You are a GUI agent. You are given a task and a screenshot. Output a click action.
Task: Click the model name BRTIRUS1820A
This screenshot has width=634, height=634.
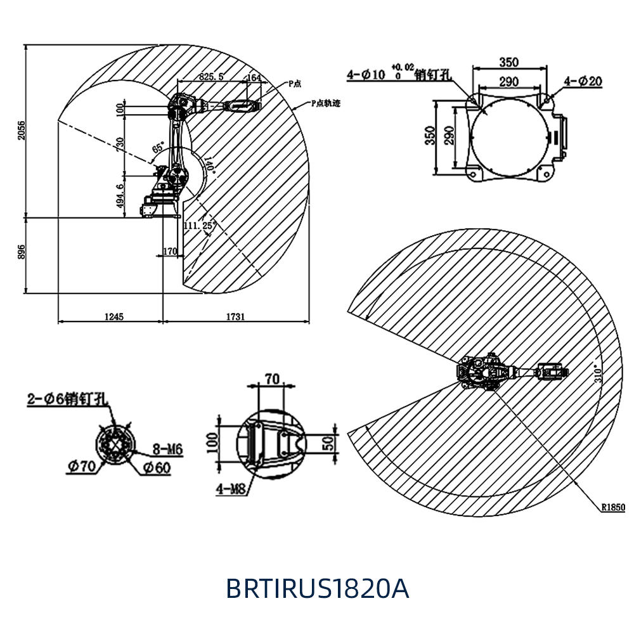pyautogui.click(x=317, y=589)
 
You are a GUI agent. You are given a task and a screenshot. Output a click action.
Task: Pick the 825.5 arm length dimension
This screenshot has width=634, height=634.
pyautogui.click(x=211, y=76)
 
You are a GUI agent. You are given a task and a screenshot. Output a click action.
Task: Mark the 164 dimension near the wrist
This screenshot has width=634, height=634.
pyautogui.click(x=254, y=77)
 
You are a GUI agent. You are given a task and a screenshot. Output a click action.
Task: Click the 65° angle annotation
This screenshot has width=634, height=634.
pyautogui.click(x=158, y=150)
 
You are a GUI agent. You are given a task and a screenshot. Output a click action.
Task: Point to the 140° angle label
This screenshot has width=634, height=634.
pyautogui.click(x=210, y=166)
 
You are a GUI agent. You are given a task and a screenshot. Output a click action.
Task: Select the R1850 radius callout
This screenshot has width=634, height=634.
pyautogui.click(x=613, y=507)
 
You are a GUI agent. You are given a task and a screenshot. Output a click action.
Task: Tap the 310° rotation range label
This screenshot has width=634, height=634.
pyautogui.click(x=596, y=374)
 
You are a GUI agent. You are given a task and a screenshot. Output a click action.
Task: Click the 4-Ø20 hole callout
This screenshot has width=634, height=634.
pyautogui.click(x=583, y=81)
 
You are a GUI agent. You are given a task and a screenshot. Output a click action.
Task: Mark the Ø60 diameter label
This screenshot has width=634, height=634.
pyautogui.click(x=157, y=468)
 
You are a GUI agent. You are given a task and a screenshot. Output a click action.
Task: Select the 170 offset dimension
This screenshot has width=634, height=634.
pyautogui.click(x=170, y=252)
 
